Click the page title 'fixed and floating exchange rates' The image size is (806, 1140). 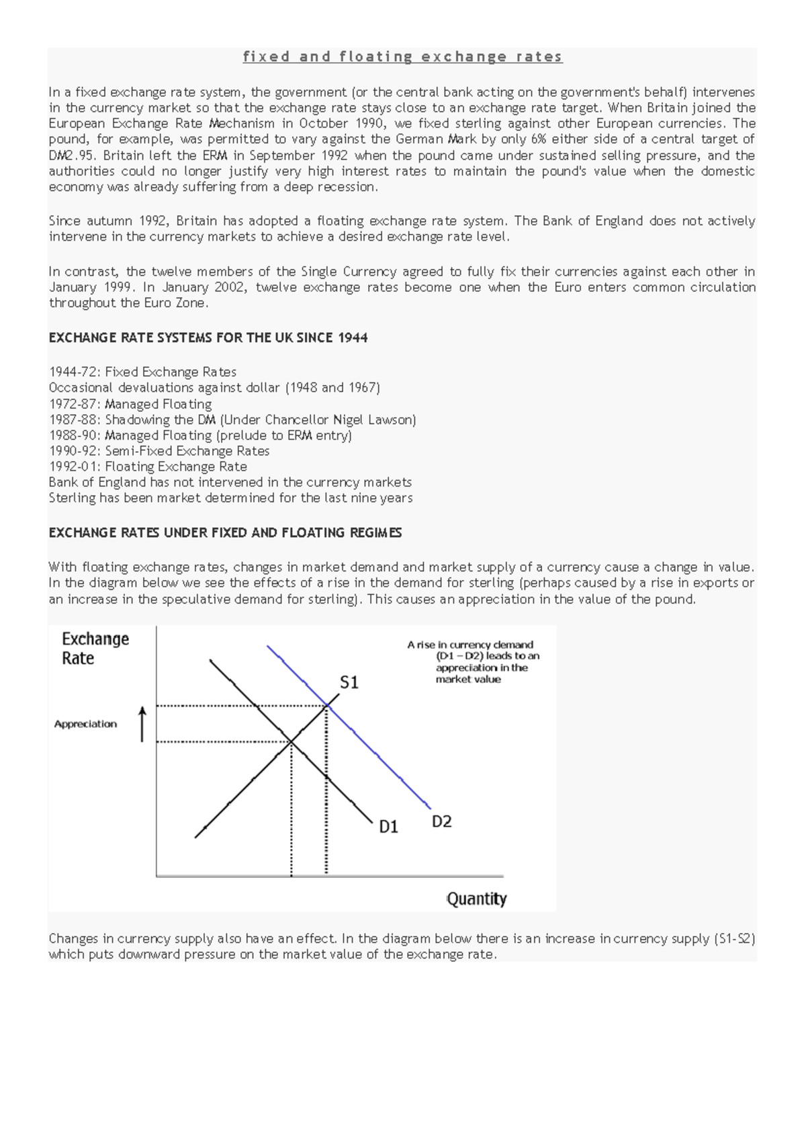(402, 57)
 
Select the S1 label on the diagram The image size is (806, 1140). (349, 683)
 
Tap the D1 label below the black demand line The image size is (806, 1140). (389, 827)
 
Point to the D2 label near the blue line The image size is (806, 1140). (441, 821)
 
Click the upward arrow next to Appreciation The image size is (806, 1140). (142, 724)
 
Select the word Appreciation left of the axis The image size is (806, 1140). (85, 724)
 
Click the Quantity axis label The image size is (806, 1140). (476, 899)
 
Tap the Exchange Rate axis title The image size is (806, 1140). (95, 649)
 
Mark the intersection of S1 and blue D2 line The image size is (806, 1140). (326, 705)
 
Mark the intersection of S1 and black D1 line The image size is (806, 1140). (291, 741)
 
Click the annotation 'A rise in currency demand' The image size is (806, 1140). (470, 645)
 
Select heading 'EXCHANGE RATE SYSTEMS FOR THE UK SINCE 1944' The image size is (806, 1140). (208, 337)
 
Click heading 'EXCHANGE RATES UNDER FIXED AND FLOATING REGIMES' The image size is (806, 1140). (225, 533)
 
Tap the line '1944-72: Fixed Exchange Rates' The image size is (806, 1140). (142, 372)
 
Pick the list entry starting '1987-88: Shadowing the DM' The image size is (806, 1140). (232, 420)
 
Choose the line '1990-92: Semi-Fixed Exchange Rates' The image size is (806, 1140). (159, 451)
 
